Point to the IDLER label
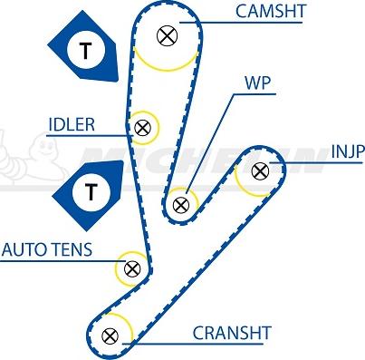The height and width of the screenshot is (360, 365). [x=72, y=125]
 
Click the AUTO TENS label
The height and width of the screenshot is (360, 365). [x=46, y=248]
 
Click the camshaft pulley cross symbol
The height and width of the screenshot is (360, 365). [x=166, y=36]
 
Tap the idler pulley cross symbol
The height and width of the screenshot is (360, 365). [x=142, y=128]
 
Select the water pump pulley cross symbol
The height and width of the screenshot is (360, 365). [x=180, y=204]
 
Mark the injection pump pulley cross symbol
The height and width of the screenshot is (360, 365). [x=259, y=170]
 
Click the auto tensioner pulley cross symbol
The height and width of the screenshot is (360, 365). [x=132, y=268]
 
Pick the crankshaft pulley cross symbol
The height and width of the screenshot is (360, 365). [x=110, y=336]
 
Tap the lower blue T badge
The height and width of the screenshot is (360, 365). [x=90, y=190]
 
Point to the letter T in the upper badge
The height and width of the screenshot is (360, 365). [x=86, y=51]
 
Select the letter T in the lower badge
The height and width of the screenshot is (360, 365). [x=89, y=190]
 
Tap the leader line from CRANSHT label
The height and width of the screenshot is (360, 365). [x=163, y=339]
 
